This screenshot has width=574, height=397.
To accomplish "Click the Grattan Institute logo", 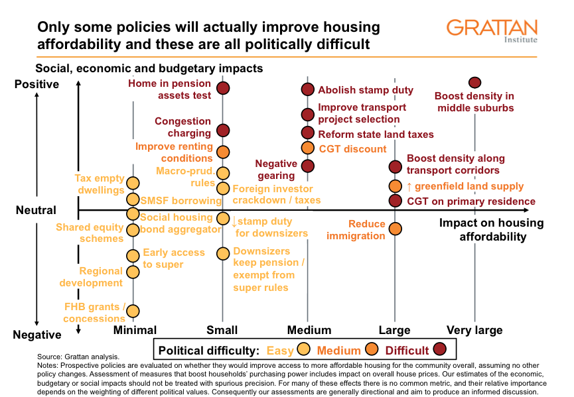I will pos(492,30).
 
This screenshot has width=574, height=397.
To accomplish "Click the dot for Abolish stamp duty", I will pos(307,89).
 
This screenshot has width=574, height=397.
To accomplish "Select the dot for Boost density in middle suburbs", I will pos(474,83).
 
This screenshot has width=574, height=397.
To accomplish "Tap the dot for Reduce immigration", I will pos(395,229).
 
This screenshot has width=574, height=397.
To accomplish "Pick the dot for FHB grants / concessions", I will pos(133,311).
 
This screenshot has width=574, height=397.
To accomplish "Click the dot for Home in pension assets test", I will pos(223,88).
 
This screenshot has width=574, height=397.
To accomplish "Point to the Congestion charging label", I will pos(184,127).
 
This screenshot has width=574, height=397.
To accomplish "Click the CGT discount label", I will pos(352,149).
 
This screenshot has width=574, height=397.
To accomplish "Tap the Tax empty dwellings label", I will pos(100,184).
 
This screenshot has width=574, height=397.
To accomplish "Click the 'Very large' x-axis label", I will pos(474,330).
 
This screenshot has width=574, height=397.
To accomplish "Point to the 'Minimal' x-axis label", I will pos(135,330).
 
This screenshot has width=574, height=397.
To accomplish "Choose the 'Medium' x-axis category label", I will pos(309,330).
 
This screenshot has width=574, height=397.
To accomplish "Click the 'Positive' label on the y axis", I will pos(36,84).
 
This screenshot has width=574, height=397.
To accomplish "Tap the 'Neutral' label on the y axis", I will pos(36,210).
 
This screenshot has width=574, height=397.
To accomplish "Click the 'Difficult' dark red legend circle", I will pos(439,349).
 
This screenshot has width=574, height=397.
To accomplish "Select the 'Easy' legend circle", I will pos(305,349).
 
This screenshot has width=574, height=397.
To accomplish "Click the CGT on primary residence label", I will pos(470,201).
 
